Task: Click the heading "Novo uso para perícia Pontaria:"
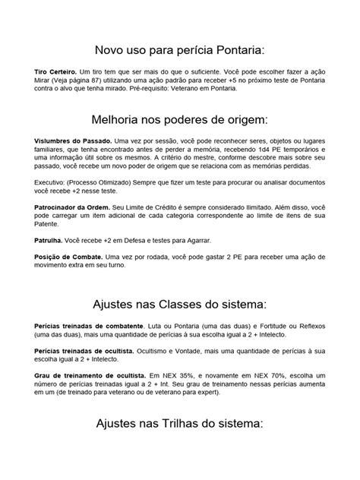[179, 49]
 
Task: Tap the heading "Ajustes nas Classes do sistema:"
[179, 305]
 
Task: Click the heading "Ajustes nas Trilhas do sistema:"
[179, 424]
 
